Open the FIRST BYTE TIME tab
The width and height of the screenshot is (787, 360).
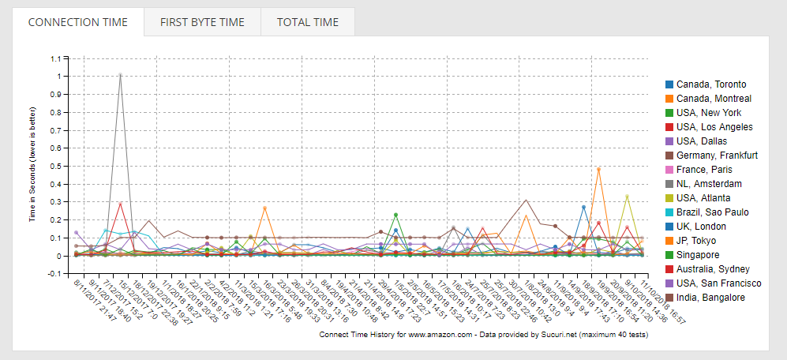[202, 22]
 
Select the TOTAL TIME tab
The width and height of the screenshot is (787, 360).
[307, 22]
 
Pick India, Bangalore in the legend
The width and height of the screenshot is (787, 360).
[711, 298]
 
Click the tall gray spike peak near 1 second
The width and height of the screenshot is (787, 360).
[120, 75]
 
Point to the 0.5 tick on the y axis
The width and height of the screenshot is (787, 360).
[54, 166]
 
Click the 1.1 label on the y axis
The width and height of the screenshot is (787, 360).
[54, 58]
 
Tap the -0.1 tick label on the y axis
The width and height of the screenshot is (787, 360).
[54, 274]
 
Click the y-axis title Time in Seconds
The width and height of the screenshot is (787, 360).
[33, 167]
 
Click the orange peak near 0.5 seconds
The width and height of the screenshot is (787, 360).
[598, 169]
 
